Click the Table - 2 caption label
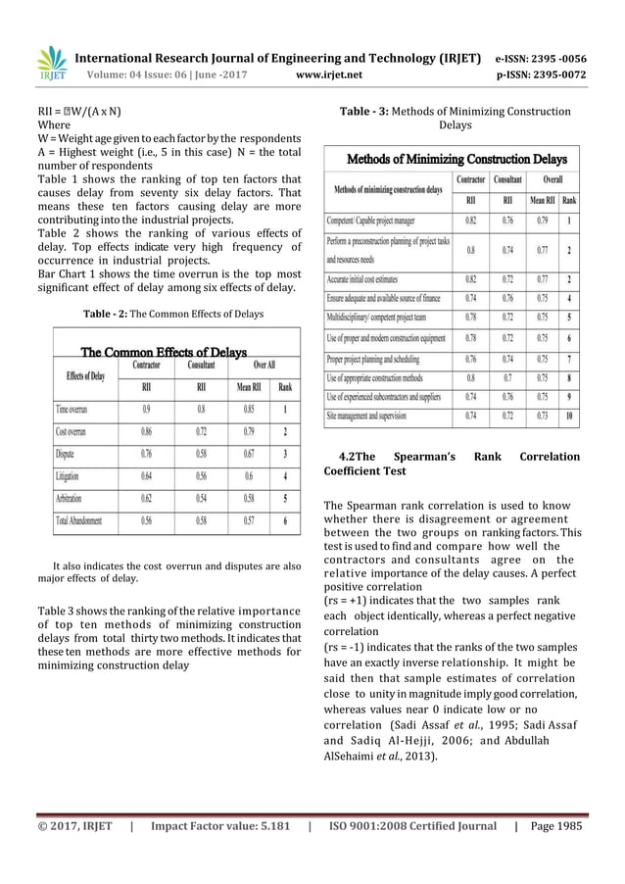[x=100, y=314]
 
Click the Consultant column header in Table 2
[x=200, y=365]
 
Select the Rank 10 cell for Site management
[x=569, y=416]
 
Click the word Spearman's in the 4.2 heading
[x=428, y=457]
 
